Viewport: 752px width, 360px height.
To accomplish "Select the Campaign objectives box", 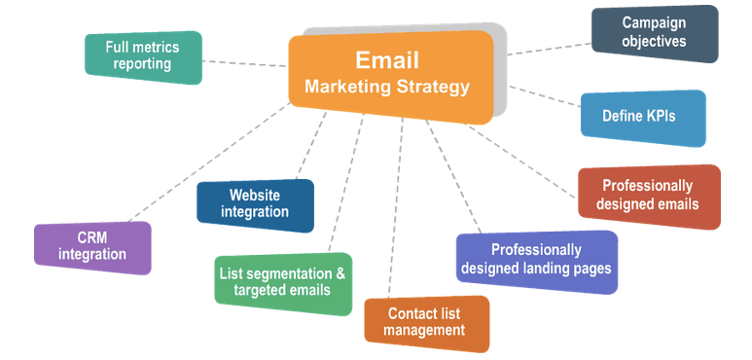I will pos(655,33).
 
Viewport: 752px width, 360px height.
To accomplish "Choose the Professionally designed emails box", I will pos(649,196).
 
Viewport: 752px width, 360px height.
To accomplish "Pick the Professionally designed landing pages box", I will pos(536,260).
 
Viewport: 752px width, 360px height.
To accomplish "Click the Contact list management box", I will pos(425,322).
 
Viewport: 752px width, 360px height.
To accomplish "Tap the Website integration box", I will pos(255,204).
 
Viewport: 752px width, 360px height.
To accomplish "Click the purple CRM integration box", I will pos(92,247).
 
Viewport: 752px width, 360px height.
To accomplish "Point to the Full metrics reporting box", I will pos(143,56).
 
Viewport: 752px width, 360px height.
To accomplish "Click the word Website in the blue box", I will pos(255,196).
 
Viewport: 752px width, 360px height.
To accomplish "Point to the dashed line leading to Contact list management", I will pos(395,214).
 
